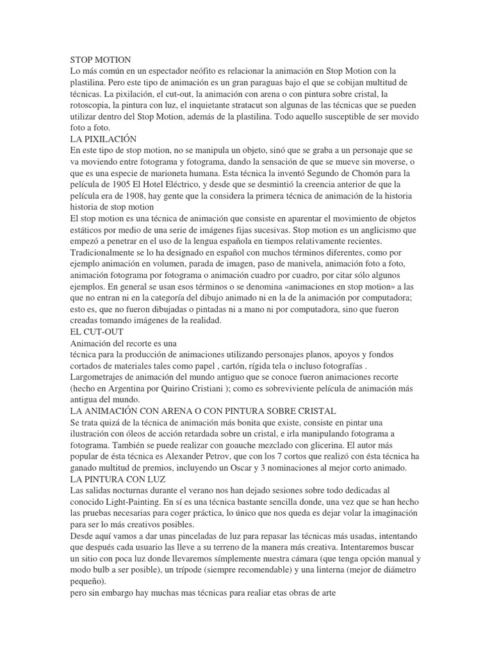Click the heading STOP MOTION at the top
[x=99, y=60]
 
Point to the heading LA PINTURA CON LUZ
[x=117, y=479]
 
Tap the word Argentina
[x=135, y=388]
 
